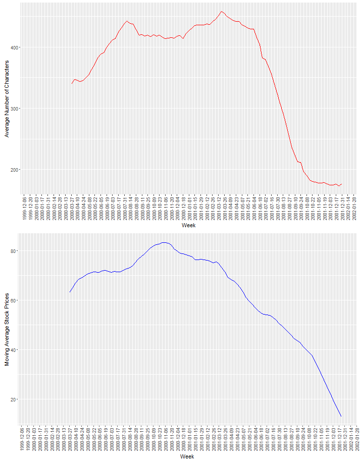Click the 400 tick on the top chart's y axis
pyautogui.click(x=14, y=47)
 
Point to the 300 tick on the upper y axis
pyautogui.click(x=14, y=109)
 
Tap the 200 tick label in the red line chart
pyautogui.click(x=14, y=170)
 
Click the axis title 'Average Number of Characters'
pyautogui.click(x=7, y=98)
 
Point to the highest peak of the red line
pyautogui.click(x=222, y=11)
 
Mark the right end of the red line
pyautogui.click(x=342, y=184)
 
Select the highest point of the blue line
pyautogui.click(x=164, y=242)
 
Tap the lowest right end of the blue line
pyautogui.click(x=341, y=416)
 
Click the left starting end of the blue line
pyautogui.click(x=70, y=292)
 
